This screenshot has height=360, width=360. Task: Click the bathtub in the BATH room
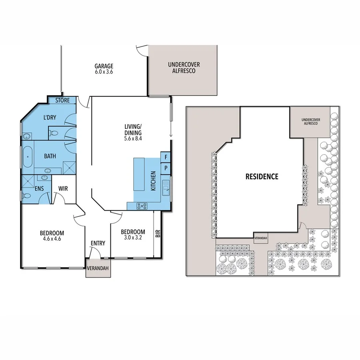click(x=27, y=156)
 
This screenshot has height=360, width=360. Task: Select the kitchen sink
click(x=166, y=187)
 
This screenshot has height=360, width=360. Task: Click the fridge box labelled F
click(x=166, y=157)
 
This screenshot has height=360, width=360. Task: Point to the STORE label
click(x=62, y=100)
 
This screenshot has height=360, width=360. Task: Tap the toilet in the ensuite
click(x=26, y=196)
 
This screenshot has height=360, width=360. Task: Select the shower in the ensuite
click(x=29, y=181)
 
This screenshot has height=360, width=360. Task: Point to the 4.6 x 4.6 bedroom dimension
click(x=52, y=240)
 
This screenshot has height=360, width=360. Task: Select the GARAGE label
click(x=104, y=66)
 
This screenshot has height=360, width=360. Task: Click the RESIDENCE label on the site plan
click(x=262, y=176)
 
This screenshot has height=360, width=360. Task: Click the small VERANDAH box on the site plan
click(x=261, y=238)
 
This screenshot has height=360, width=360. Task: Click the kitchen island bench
click(x=139, y=175)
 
